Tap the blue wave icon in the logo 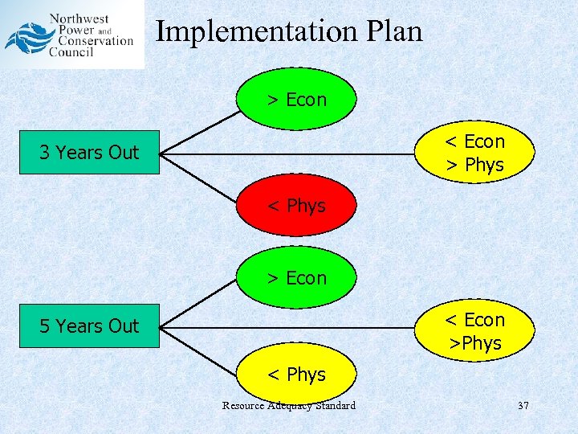click(26, 38)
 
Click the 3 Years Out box click(89, 152)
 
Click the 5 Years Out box click(89, 326)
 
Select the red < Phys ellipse click(296, 207)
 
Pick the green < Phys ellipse click(296, 375)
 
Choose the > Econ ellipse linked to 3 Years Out click(296, 100)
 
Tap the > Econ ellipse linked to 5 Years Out click(296, 278)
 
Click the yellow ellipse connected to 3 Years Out click(474, 153)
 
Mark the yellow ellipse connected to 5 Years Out click(474, 331)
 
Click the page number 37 click(523, 406)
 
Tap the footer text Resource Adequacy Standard click(288, 406)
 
